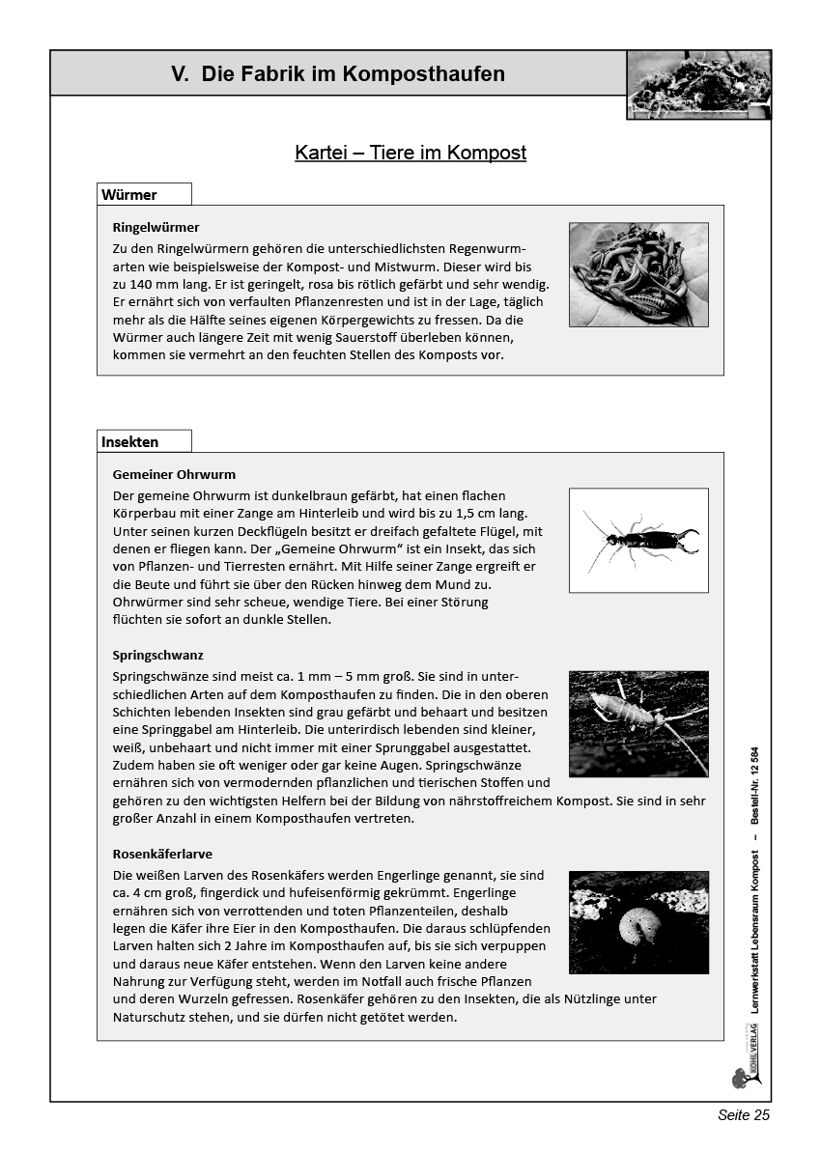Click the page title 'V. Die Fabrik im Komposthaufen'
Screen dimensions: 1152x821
(337, 74)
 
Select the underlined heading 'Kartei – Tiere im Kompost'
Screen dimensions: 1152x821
(410, 153)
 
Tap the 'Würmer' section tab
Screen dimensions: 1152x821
(129, 195)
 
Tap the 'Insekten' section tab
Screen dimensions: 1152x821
(130, 442)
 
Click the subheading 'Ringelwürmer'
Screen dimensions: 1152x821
(156, 228)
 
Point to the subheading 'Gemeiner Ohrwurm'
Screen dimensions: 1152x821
(174, 474)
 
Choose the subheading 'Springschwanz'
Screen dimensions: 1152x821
(157, 655)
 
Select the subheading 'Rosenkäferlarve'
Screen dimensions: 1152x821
(162, 855)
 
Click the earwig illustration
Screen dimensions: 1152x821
(637, 540)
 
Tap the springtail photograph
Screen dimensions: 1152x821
(637, 723)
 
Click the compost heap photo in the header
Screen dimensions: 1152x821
(698, 85)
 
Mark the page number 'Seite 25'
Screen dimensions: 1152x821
(744, 1115)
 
